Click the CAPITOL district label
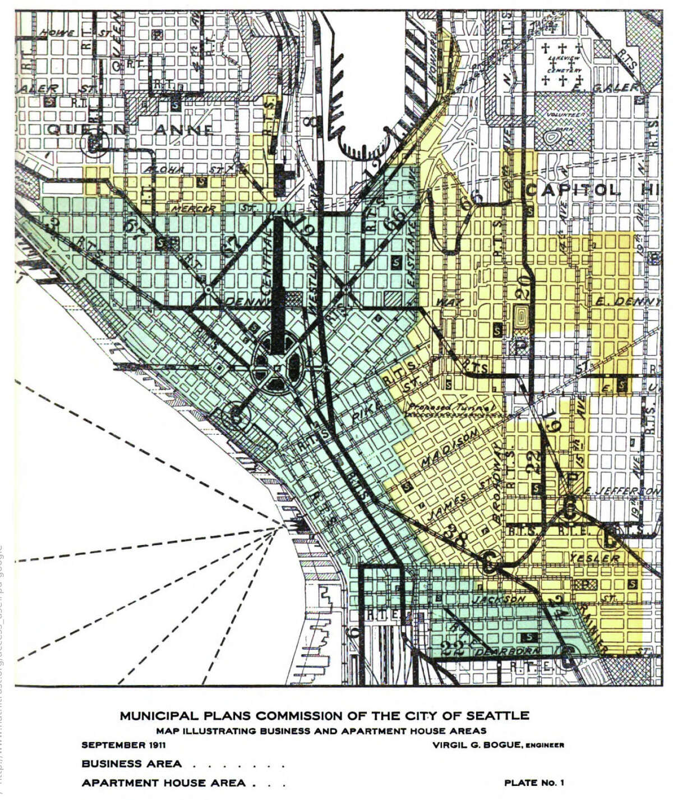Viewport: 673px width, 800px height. tap(573, 190)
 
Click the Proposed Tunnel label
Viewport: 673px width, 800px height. tap(451, 407)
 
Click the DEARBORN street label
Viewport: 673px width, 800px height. tap(508, 651)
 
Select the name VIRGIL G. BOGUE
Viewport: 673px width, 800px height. tap(477, 745)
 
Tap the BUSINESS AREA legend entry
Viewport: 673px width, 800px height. tap(131, 764)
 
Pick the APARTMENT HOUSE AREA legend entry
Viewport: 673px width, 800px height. tap(163, 783)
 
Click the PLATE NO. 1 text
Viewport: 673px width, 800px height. tap(533, 783)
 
